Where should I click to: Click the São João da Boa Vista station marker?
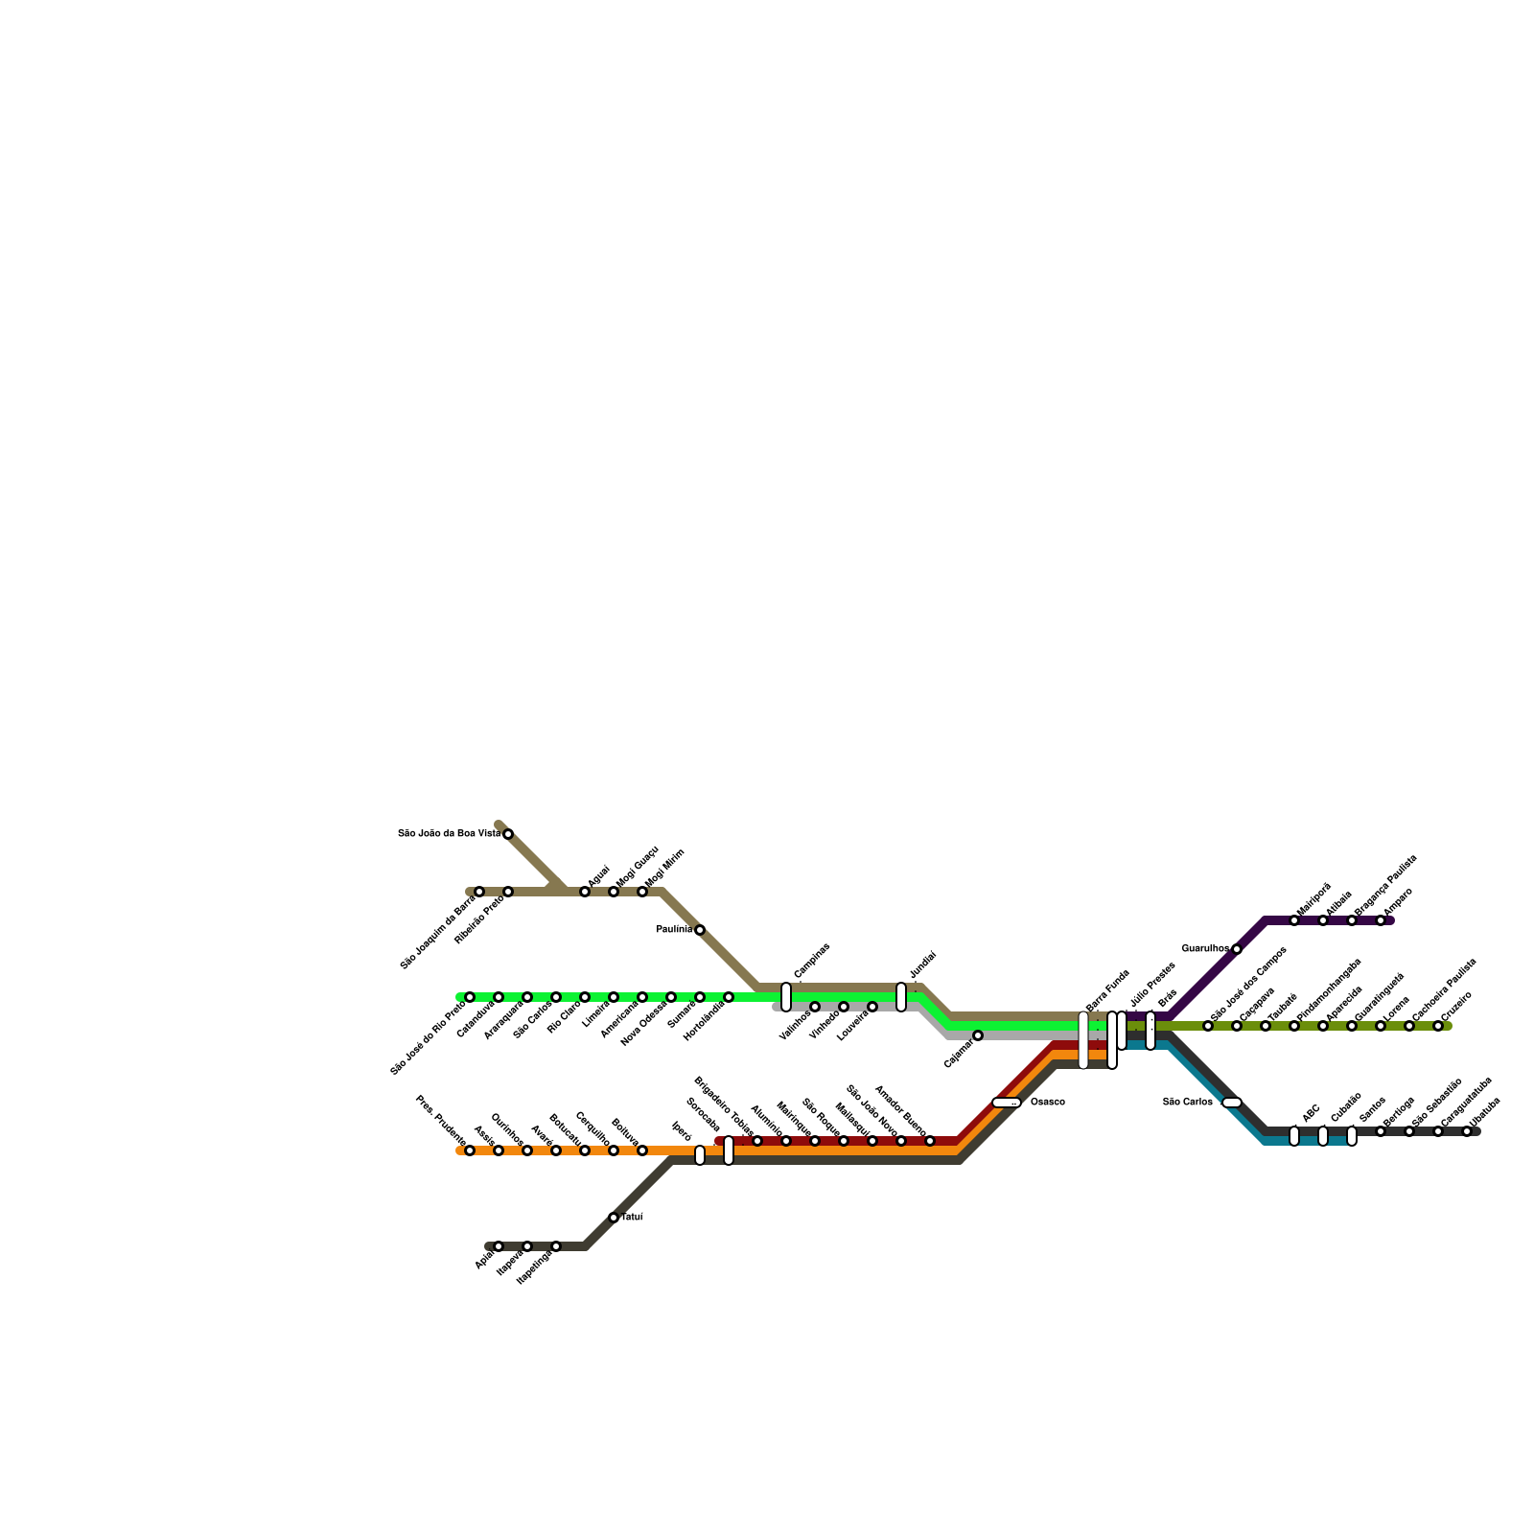(507, 834)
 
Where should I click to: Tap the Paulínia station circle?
(700, 930)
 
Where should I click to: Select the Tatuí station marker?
(614, 1218)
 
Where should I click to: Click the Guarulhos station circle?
(1237, 949)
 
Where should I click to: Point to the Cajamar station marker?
(977, 1035)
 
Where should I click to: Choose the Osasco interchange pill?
(1006, 1103)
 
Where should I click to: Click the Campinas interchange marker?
(786, 997)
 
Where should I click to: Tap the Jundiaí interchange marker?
(901, 997)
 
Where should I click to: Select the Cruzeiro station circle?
(1437, 1026)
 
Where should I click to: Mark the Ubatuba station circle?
(1466, 1131)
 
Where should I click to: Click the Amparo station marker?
(1381, 920)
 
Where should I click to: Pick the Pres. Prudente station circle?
(469, 1150)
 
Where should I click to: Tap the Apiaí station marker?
(498, 1246)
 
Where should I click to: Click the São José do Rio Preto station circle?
(469, 997)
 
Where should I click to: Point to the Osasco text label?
(1047, 1103)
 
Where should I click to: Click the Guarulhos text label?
(1204, 949)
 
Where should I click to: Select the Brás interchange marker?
(1150, 1031)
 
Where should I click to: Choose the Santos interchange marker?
(1352, 1136)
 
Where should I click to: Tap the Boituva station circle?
(641, 1150)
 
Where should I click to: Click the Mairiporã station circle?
(1294, 920)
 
